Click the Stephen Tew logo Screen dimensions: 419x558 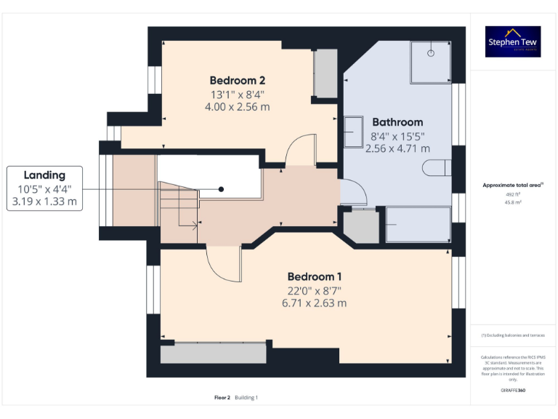[x=514, y=41]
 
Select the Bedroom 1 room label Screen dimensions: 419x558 [x=315, y=276]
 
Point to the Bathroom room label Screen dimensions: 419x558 [x=397, y=122]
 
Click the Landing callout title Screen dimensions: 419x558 [x=44, y=175]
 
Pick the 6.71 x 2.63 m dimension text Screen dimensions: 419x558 [x=315, y=303]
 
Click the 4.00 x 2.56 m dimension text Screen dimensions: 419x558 [x=237, y=106]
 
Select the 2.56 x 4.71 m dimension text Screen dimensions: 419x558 [x=397, y=148]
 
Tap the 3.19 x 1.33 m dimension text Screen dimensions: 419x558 [x=44, y=201]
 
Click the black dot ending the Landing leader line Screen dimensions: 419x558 [x=222, y=189]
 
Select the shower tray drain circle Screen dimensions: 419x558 [x=431, y=52]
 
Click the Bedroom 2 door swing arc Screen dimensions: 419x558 [x=299, y=149]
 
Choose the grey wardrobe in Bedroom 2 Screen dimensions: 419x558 [x=325, y=73]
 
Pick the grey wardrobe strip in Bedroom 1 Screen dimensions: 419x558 [x=213, y=354]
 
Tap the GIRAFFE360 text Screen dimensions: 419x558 [x=514, y=391]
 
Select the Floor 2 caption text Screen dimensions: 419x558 [x=222, y=397]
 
